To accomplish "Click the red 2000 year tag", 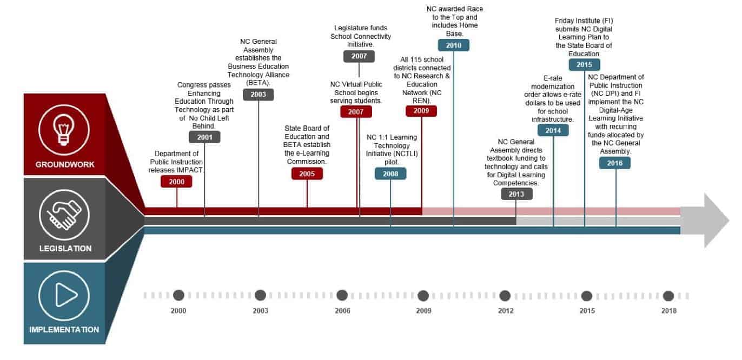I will point(176,182).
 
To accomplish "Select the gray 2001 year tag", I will point(204,137).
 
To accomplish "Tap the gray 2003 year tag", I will point(259,95).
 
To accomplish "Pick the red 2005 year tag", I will point(307,174).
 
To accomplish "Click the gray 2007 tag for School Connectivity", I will point(359,56).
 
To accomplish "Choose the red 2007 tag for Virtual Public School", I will point(356,112).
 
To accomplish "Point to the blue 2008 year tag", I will point(390,174).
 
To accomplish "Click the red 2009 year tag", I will point(421,111).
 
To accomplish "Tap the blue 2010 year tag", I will point(453,45).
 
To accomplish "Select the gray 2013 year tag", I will point(516,195).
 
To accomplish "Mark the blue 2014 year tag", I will point(553,130).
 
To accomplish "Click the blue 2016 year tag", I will point(615,163).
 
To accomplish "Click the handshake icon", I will point(64,215).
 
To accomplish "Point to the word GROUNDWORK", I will point(64,164).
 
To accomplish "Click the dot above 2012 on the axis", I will point(505,296).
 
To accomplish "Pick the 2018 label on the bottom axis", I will point(668,311).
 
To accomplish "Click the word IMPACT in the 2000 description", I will point(188,170).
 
